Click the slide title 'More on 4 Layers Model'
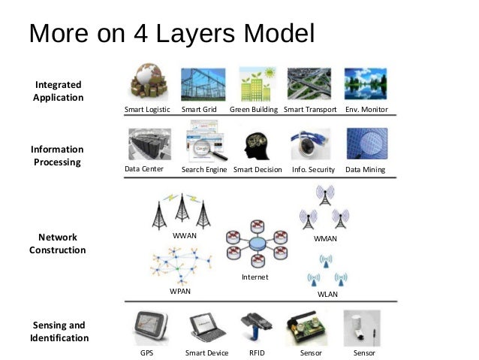pos(170,34)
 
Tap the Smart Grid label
pos(199,110)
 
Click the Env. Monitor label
pos(366,110)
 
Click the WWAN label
pos(184,236)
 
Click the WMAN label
pos(325,239)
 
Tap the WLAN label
pos(328,295)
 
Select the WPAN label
pos(180,290)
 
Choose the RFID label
pos(256,352)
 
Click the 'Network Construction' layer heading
pos(57,244)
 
